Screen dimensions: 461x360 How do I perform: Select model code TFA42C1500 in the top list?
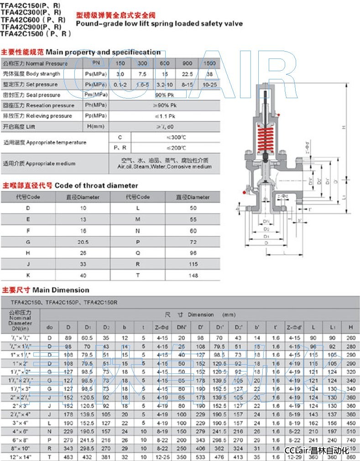tap(36, 33)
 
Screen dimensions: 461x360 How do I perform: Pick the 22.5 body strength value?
tap(187, 74)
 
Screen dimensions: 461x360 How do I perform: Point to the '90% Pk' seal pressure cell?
tap(165, 95)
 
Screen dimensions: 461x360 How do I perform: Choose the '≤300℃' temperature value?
tap(164, 137)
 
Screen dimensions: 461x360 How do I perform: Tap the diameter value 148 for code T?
tap(193, 275)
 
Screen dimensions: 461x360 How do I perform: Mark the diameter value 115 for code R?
tap(193, 264)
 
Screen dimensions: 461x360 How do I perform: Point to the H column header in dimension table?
tap(350, 327)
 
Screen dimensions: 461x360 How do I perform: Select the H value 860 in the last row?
tap(350, 456)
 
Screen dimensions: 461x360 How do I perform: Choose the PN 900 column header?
tap(187, 63)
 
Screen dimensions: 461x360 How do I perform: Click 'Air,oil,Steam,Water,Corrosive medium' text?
tap(164, 167)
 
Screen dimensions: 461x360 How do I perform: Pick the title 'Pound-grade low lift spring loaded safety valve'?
tap(159, 23)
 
